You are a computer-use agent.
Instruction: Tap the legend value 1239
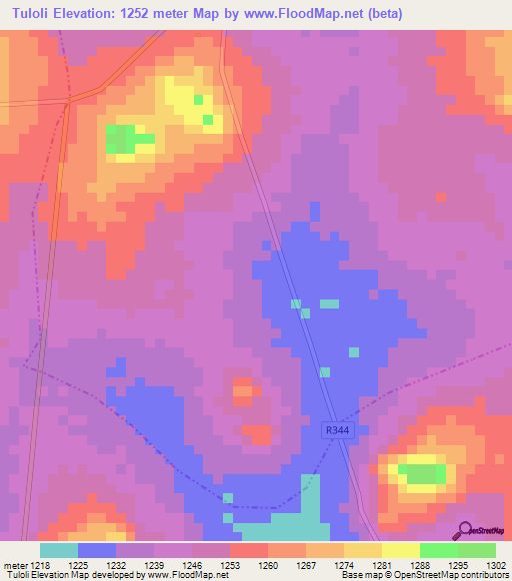pyautogui.click(x=154, y=565)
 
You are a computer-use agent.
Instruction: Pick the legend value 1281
pyautogui.click(x=381, y=565)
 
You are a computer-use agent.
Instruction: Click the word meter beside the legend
pyautogui.click(x=14, y=565)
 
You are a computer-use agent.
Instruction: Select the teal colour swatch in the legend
pyautogui.click(x=59, y=550)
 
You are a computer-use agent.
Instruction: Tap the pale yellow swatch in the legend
pyautogui.click(x=400, y=550)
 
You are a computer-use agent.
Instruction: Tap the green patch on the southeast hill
pyautogui.click(x=424, y=472)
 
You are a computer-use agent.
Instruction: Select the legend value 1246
pyautogui.click(x=192, y=565)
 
